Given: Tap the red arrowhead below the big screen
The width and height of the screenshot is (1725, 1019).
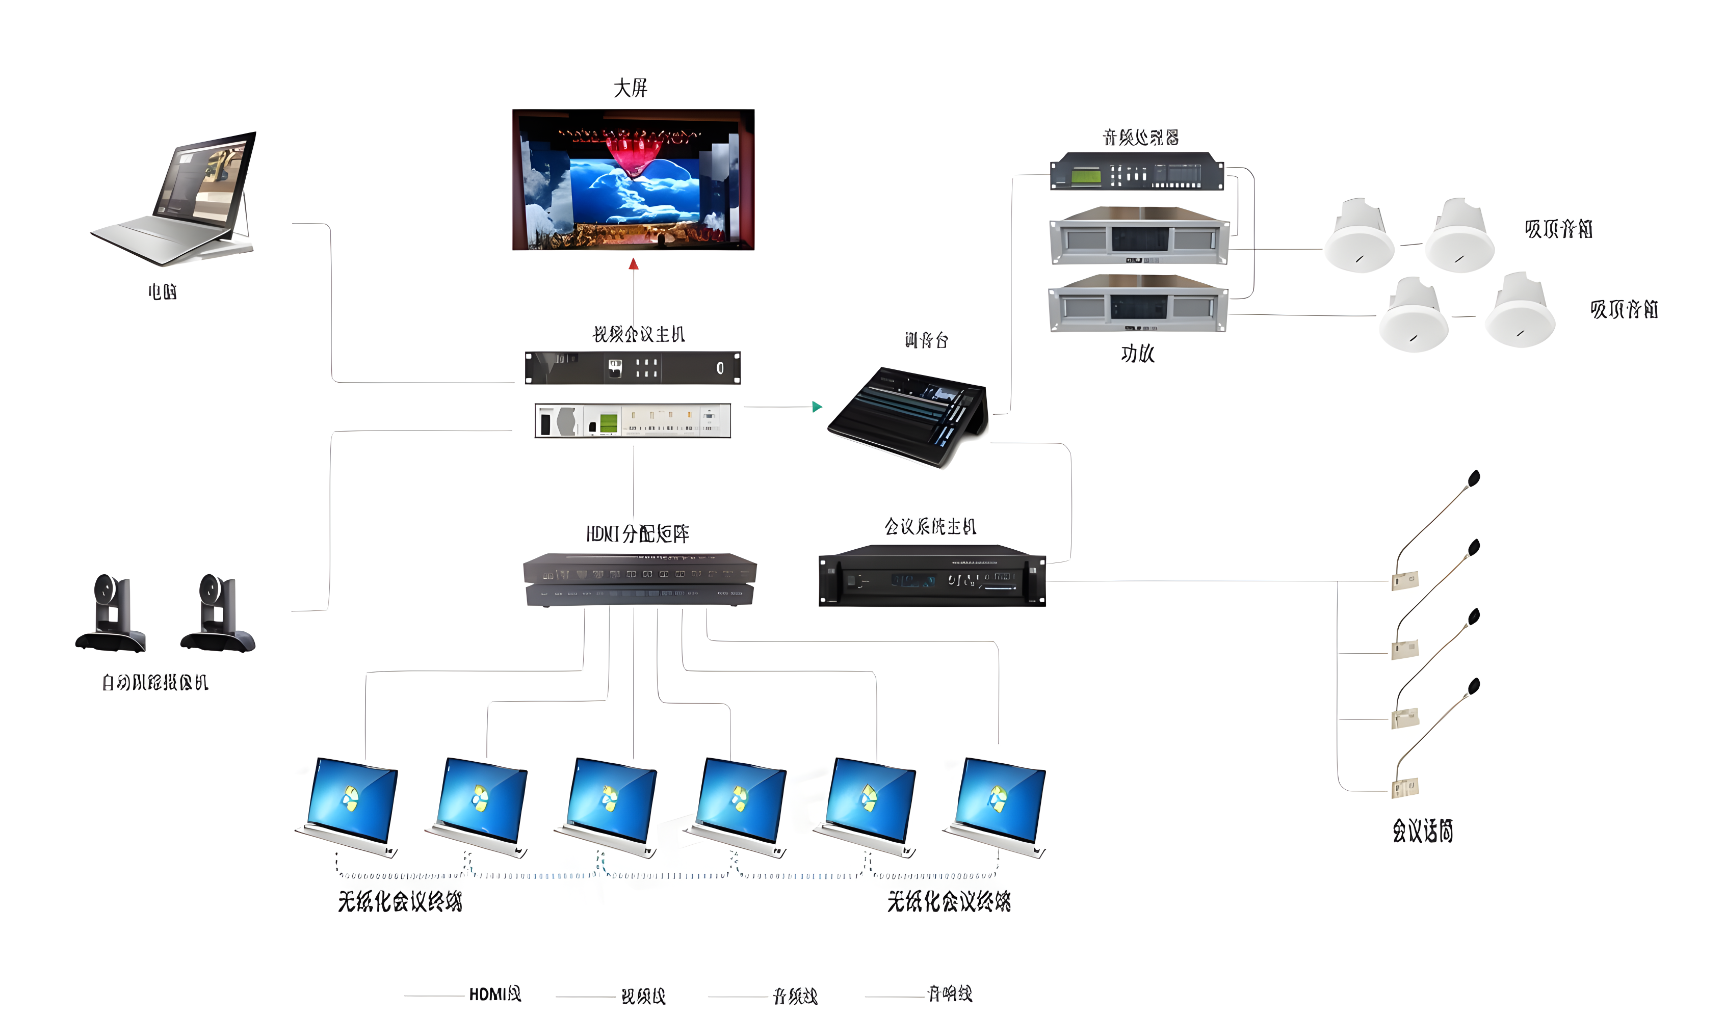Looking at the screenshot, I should pos(634,264).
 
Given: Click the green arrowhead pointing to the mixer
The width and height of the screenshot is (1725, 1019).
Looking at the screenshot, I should pos(817,407).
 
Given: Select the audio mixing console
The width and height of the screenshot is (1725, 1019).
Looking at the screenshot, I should pos(909,416).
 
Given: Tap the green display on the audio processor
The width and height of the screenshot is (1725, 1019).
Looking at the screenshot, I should pos(1085,176).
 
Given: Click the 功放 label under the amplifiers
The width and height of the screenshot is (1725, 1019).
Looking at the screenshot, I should pos(1138,354).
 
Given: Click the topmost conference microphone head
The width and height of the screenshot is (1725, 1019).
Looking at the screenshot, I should pos(1474,478).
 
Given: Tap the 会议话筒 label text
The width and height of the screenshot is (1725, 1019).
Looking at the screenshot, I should pos(1423,831).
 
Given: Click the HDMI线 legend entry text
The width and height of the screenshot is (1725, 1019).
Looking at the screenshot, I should pos(494,994).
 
